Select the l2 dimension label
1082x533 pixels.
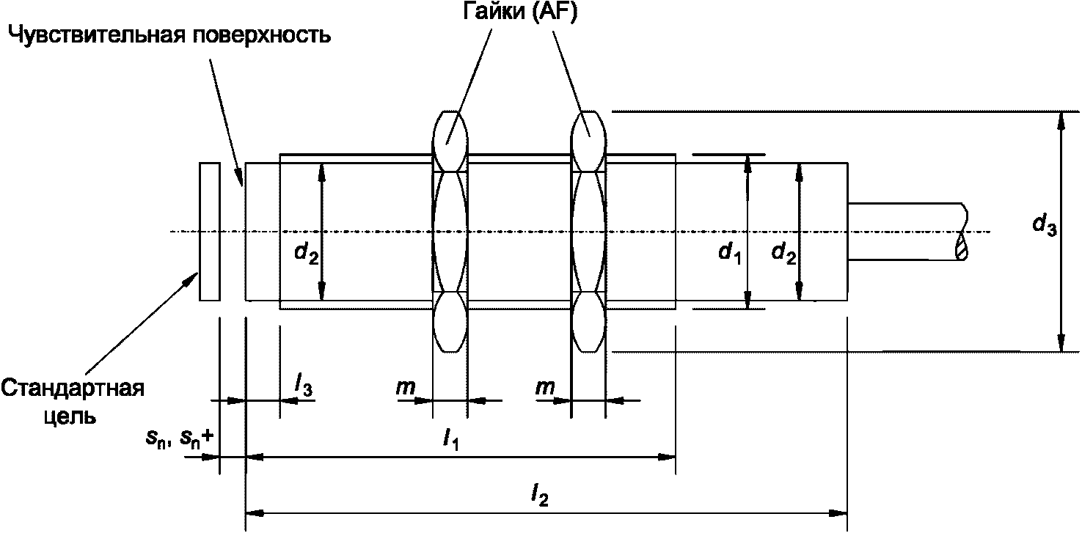541,498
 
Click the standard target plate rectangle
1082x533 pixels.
209,232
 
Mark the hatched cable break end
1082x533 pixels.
962,246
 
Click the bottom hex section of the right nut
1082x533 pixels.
588,323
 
